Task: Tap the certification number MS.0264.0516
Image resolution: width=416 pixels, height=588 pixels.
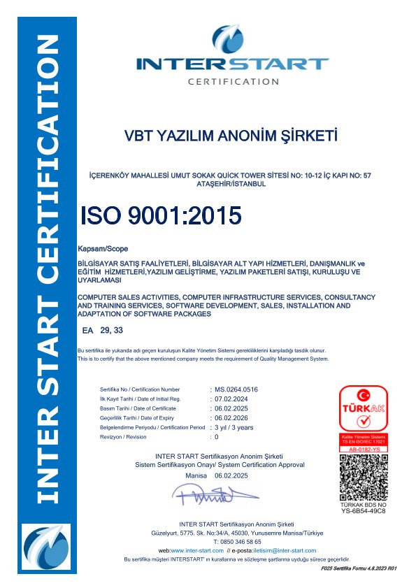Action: click(237, 389)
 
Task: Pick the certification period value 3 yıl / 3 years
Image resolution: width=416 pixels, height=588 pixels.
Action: click(234, 427)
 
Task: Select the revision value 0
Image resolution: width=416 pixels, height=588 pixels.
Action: click(217, 437)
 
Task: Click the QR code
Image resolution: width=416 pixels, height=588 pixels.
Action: click(363, 477)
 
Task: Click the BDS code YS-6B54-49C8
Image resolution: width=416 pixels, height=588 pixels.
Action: click(364, 511)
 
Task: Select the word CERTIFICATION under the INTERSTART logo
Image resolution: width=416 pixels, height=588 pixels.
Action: click(233, 82)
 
